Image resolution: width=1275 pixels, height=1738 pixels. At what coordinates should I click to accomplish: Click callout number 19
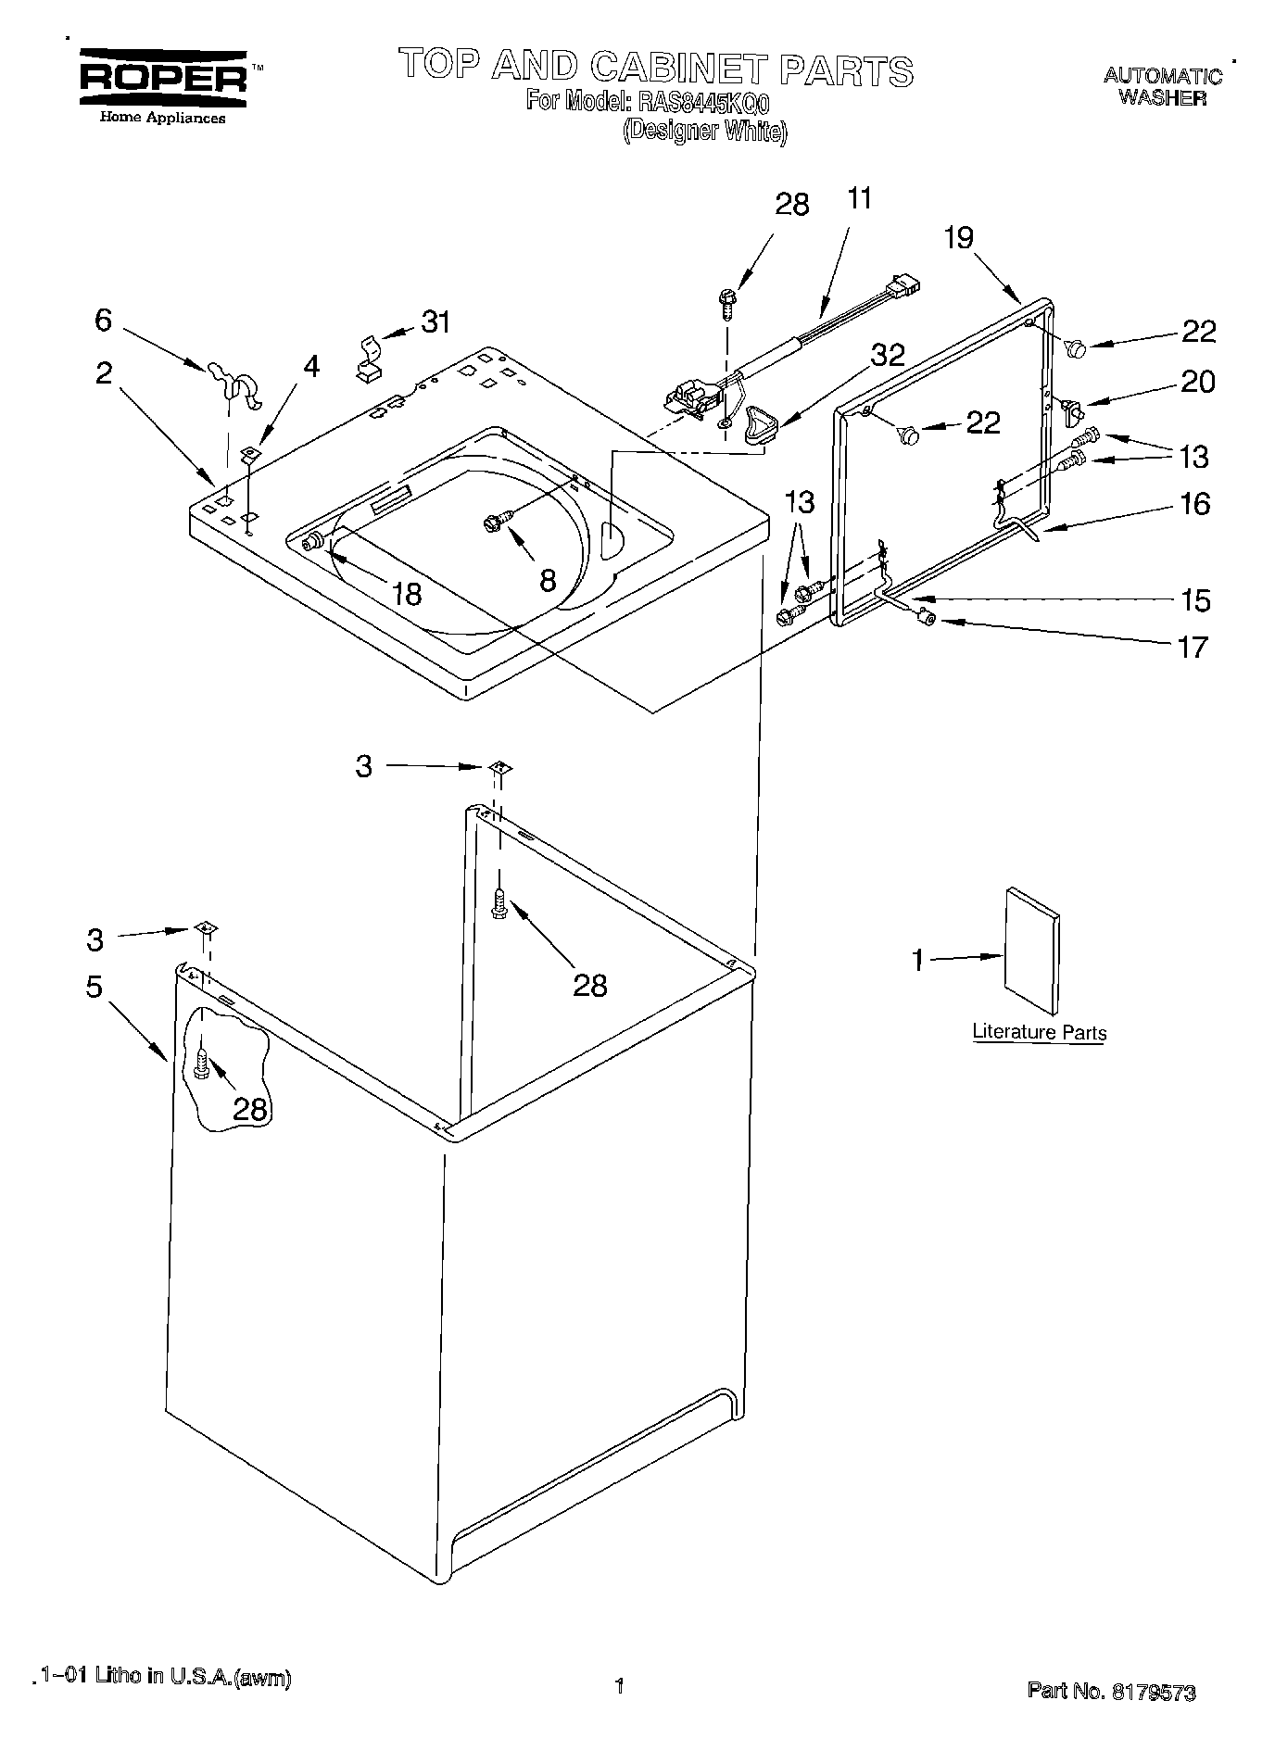tap(959, 238)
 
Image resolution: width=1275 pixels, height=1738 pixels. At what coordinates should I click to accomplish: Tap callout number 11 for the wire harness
tap(859, 198)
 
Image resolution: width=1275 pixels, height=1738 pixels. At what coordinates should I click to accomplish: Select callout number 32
tap(888, 355)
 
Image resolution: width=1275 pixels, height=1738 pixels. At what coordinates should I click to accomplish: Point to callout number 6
tap(103, 320)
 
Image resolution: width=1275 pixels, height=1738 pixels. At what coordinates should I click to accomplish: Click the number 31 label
tap(436, 322)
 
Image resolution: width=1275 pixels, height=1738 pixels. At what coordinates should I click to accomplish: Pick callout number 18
tap(407, 593)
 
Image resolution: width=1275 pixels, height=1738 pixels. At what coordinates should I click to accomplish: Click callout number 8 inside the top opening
tap(548, 581)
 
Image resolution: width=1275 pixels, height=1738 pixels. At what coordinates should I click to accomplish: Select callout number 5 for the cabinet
tap(95, 987)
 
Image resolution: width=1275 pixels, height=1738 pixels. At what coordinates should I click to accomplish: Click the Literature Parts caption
tap(1039, 1032)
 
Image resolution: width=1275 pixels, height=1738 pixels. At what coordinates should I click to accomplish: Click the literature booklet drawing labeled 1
tap(1032, 951)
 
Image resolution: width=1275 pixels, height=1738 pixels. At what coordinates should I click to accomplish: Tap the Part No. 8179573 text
tap(1111, 1691)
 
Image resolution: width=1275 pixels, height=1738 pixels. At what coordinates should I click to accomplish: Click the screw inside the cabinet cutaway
tap(202, 1065)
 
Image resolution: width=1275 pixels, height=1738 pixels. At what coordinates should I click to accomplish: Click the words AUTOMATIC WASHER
tap(1162, 86)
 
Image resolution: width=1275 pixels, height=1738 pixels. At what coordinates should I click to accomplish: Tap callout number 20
tap(1197, 382)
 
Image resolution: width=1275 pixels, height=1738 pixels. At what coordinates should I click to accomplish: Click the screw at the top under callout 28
tap(726, 303)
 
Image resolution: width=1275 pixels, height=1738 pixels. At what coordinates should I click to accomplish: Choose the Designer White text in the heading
tap(704, 131)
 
